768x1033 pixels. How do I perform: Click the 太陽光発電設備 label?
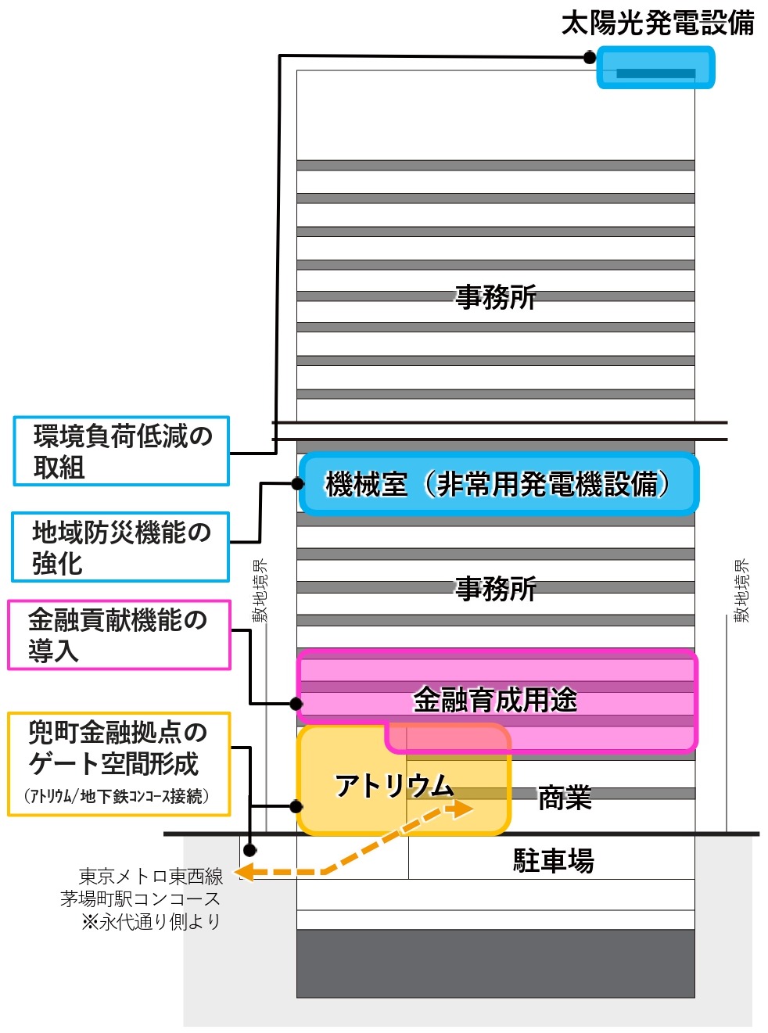coord(657,23)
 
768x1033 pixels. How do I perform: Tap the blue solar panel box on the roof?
coord(655,67)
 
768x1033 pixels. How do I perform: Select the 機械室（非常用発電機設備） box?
coord(498,483)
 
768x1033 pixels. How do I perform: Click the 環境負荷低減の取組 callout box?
coord(121,451)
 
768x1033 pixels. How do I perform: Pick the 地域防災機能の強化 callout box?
coord(120,547)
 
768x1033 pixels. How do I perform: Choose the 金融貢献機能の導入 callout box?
coord(119,635)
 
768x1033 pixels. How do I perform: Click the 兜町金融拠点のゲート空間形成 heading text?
coord(117,748)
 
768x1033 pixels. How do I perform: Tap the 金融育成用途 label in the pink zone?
coord(495,700)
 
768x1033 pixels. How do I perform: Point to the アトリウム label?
coord(394,786)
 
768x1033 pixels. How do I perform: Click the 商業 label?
coord(565,798)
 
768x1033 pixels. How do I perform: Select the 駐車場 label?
coord(553,860)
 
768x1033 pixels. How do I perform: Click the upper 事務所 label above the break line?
coord(496,297)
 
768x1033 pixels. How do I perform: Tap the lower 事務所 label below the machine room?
coord(496,589)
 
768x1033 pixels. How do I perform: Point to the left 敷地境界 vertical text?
coord(259,590)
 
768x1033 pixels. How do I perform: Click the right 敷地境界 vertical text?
coord(741,590)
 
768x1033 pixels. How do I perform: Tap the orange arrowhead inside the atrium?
coord(462,809)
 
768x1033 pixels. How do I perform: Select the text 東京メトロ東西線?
coord(151,877)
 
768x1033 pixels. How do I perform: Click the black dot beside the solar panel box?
coord(590,58)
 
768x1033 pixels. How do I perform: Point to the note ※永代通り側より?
coord(151,922)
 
